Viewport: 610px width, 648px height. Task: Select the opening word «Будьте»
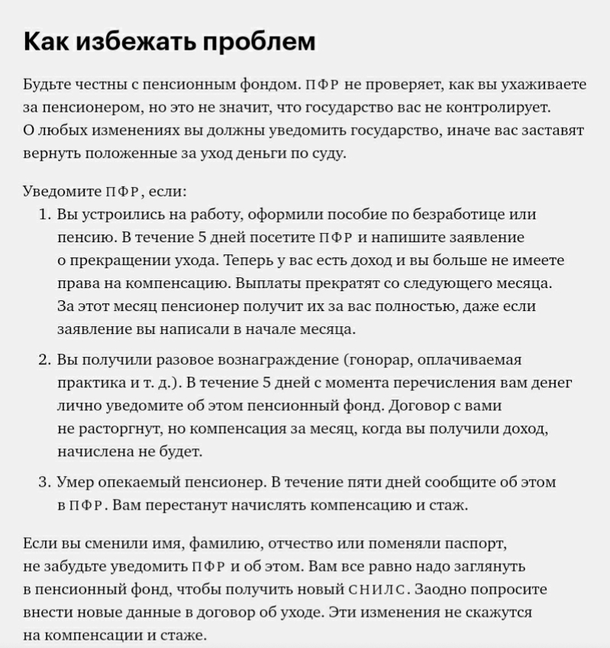point(47,85)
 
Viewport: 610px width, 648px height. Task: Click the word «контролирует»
point(499,107)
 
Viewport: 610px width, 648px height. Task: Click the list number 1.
point(44,214)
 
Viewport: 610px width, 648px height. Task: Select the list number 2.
point(44,359)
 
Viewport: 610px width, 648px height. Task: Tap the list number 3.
point(44,482)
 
